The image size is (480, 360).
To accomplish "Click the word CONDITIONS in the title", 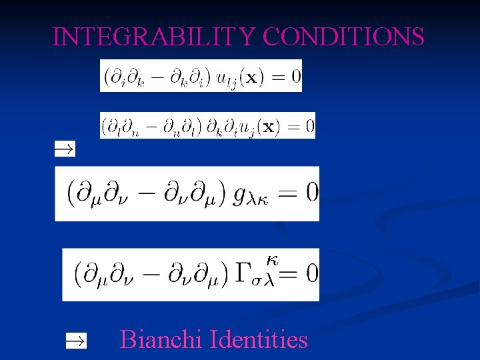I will coord(342,37).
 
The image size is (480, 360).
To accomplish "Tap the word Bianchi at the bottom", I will coord(162,340).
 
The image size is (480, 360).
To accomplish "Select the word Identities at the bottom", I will coord(259,340).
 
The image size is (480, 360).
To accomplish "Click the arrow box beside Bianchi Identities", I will coord(75,341).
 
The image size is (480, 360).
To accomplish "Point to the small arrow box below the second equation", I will coord(65,149).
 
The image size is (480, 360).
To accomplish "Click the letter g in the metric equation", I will coord(241,195).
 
